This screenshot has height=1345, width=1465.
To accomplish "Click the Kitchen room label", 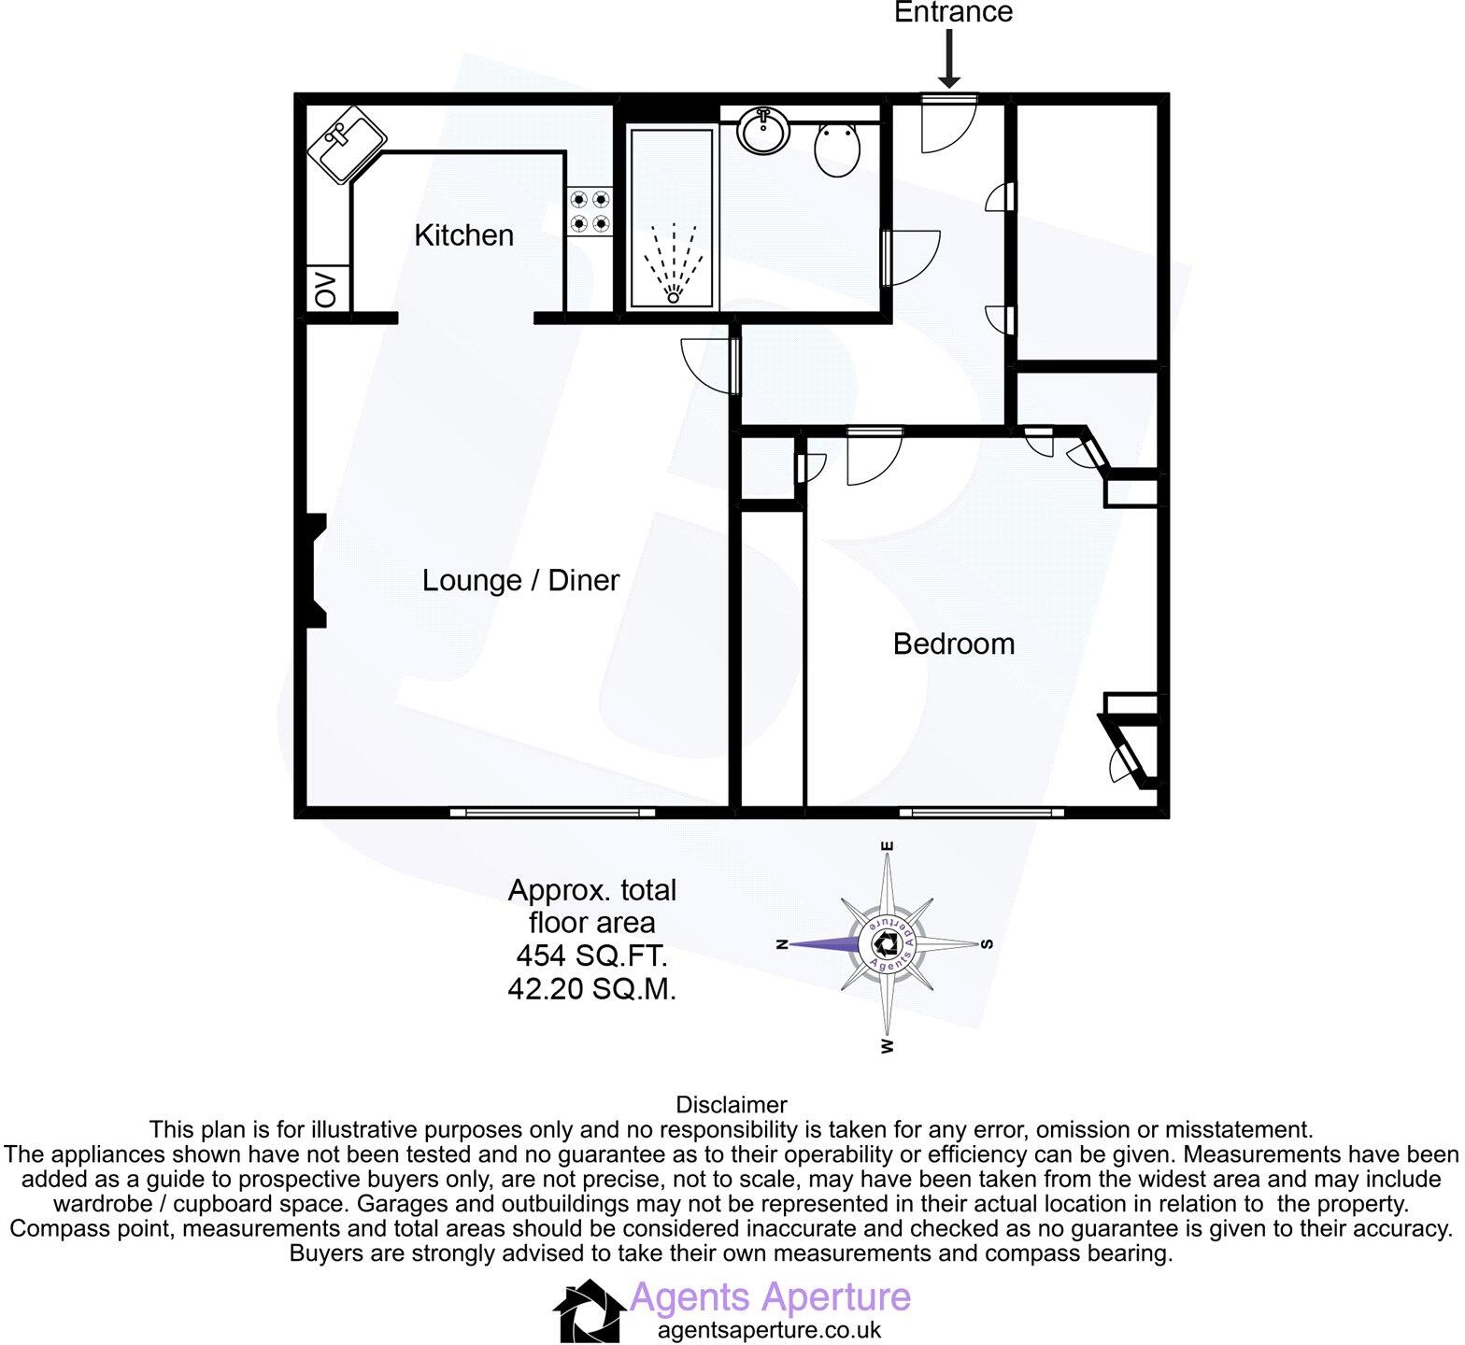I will (x=463, y=234).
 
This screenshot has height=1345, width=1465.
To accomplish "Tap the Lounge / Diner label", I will (x=520, y=580).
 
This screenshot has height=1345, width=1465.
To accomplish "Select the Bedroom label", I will (x=953, y=644).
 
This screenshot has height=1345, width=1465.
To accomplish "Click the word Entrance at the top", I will (x=953, y=13).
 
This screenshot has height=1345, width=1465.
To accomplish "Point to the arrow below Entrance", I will (x=949, y=58).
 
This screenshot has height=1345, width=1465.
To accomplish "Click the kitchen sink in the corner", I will (x=346, y=146).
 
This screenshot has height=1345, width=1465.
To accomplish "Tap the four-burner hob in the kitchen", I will (x=590, y=211).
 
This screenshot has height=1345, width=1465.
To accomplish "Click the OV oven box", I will (x=327, y=289).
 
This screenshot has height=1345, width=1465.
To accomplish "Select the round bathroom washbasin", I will (x=764, y=130).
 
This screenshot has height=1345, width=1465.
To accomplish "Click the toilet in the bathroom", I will (x=837, y=149).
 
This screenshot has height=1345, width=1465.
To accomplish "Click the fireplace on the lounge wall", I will (x=316, y=571).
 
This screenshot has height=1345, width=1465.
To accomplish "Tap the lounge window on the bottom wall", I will (x=552, y=813).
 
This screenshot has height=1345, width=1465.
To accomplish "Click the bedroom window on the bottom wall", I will (x=982, y=813).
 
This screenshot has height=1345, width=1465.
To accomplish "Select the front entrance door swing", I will (x=947, y=124).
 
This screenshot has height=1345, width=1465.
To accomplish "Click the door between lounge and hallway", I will (x=712, y=365).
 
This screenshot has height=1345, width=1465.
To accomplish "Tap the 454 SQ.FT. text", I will (x=591, y=956).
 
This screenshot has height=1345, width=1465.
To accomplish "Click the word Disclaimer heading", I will (x=732, y=1105).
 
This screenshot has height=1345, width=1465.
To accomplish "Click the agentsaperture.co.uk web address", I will (x=769, y=1330).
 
